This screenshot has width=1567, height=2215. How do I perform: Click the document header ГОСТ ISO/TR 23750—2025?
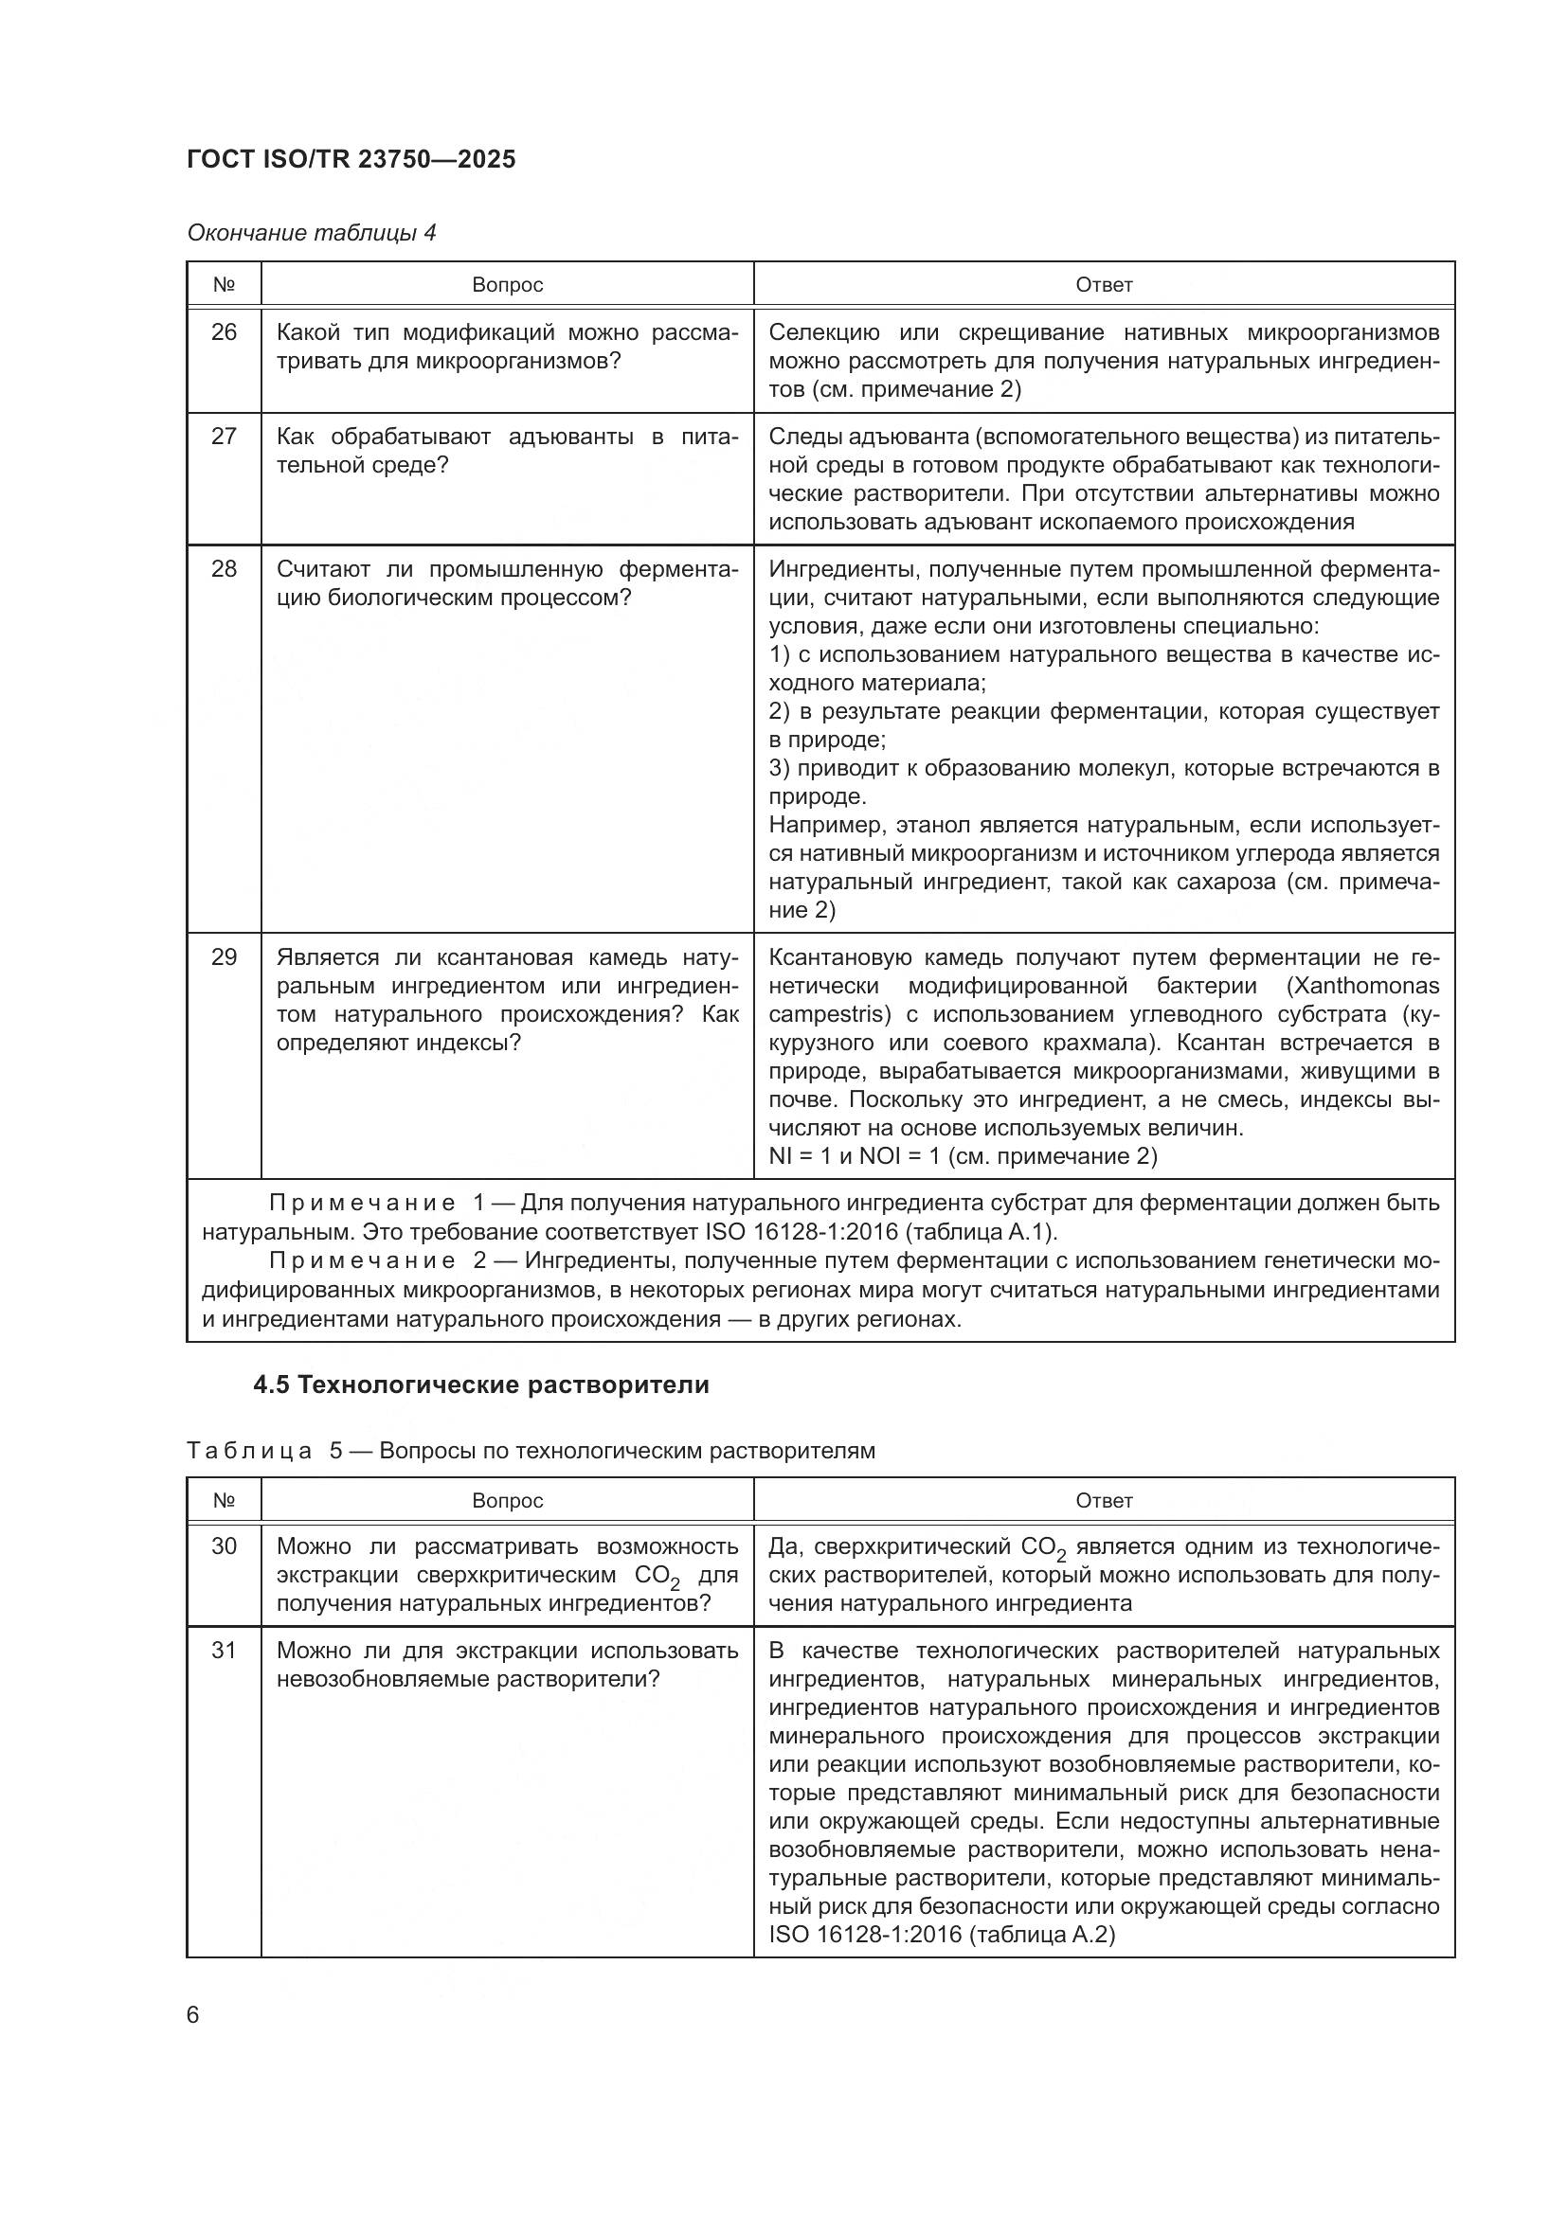coord(351,159)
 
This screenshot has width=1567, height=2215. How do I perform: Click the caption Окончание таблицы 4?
coord(311,233)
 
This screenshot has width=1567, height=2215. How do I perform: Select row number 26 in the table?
coord(224,332)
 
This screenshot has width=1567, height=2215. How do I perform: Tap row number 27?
coord(224,437)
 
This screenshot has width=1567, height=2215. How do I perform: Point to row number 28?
coord(224,569)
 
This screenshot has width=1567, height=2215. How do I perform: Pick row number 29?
coord(224,957)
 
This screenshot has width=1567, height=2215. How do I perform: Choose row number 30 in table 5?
coord(224,1546)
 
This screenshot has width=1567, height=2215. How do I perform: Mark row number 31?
coord(224,1651)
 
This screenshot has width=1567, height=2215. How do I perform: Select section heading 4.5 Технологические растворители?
coord(480,1385)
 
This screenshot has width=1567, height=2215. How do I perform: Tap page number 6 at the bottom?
coord(193,2015)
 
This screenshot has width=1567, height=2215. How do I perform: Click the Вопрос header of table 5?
coord(508,1500)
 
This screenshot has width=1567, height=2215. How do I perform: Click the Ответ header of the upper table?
coord(1104,285)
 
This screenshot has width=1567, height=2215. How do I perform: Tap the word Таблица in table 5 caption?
coord(249,1451)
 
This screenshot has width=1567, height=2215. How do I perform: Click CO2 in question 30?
coord(657,1577)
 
